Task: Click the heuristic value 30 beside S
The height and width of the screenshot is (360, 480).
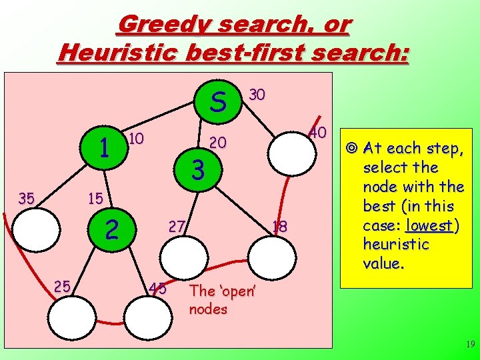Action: pos(257,95)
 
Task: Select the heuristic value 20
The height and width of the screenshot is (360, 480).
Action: pos(217,143)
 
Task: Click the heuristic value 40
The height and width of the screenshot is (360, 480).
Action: pos(317,133)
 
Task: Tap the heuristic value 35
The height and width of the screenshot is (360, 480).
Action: pos(27,198)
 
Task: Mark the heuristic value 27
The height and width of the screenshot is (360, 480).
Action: pos(177,225)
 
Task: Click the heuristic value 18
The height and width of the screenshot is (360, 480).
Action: pos(280,227)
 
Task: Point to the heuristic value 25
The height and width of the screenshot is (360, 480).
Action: pos(63,286)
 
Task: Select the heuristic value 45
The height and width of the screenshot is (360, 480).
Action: pos(158,289)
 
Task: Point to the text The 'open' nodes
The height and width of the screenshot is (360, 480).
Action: pos(214,300)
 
